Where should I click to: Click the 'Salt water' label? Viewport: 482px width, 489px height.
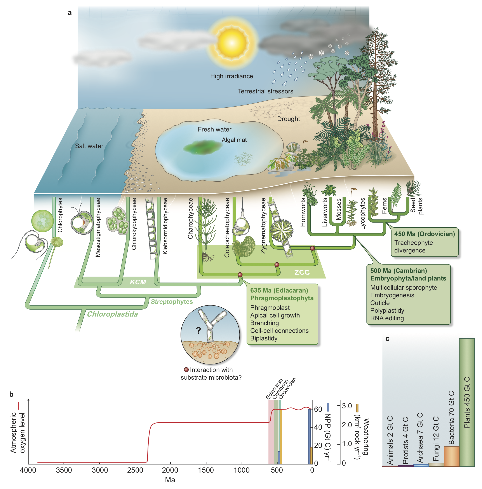89,146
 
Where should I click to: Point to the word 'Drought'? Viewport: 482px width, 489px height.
288,119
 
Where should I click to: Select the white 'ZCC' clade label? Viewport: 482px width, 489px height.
302,272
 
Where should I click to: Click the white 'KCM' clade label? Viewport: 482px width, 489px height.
138,282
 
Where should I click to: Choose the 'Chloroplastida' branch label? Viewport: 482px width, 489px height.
112,314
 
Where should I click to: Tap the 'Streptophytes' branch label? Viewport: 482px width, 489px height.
172,301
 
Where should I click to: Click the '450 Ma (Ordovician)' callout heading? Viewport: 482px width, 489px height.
424,234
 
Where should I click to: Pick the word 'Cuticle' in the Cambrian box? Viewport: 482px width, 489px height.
380,303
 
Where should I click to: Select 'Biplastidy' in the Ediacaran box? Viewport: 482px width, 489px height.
264,338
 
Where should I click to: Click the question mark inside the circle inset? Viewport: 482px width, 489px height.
198,330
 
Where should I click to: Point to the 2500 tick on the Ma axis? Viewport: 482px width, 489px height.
135,470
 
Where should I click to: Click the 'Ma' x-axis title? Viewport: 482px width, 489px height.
170,480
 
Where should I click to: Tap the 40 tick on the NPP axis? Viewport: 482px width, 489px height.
318,427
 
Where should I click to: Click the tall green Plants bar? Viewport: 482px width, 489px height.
467,402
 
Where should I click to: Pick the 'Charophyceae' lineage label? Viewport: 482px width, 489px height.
190,218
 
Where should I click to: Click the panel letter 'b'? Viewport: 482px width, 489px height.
11,394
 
